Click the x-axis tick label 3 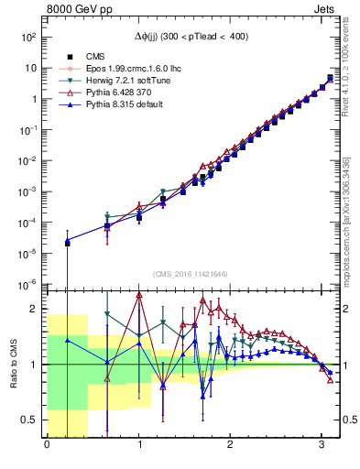click(322, 446)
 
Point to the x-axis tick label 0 click(47, 446)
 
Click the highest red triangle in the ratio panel click(139, 295)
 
